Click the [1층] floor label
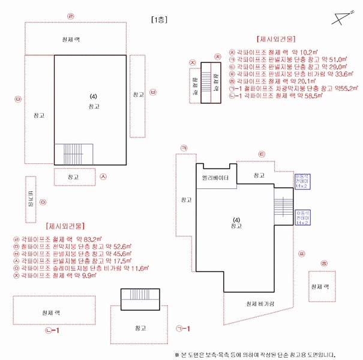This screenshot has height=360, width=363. click(160, 19)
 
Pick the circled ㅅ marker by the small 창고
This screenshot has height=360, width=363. click(103, 177)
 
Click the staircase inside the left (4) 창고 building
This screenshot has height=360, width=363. click(73, 154)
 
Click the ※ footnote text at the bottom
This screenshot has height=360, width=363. click(259, 355)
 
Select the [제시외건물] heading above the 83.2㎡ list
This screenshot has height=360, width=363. click(65, 227)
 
